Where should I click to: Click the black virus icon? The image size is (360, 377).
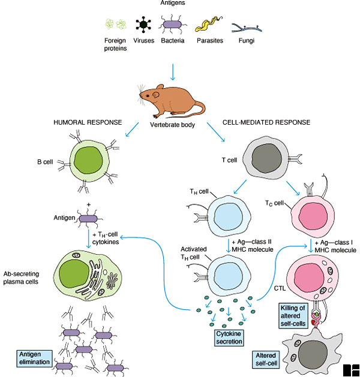143,25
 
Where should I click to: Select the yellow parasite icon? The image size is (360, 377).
206,25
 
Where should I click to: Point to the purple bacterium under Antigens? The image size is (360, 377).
173,25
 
